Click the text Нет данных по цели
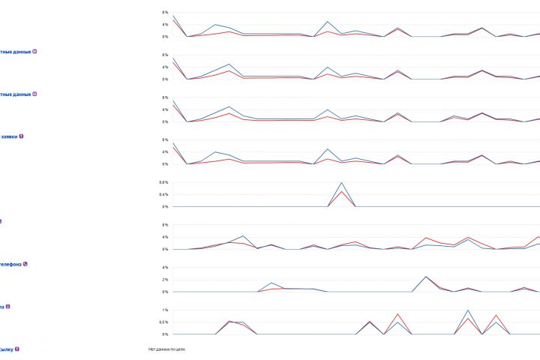tap(166, 349)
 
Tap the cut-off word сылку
tap(6, 349)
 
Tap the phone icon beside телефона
tap(25, 264)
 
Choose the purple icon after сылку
tap(17, 349)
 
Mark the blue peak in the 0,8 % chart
tap(341, 182)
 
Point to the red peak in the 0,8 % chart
tap(341, 191)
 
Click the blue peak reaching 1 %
tap(468, 310)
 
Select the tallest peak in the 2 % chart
tap(426, 276)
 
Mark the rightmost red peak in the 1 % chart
tap(496, 315)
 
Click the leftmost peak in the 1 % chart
tap(230, 321)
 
